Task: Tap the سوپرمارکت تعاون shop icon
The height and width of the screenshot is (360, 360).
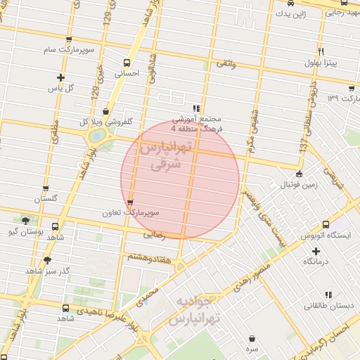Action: (130, 203)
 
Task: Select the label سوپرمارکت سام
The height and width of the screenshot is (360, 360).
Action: (67, 50)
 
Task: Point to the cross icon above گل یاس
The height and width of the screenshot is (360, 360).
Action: (60, 77)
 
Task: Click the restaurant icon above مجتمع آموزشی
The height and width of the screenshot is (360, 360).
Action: (196, 108)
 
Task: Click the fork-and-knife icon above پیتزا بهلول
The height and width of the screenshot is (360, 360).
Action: (321, 51)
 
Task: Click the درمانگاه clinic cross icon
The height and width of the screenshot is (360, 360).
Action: (316, 250)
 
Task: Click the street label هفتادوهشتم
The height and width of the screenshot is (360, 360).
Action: (146, 258)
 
